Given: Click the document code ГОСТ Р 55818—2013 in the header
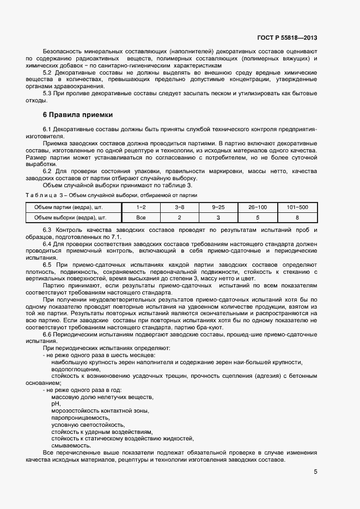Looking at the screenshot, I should coord(287,38).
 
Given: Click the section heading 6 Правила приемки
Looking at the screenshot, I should coord(78,115).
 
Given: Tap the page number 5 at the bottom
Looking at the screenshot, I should coord(315,472).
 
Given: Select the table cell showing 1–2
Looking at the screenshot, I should coord(141,207).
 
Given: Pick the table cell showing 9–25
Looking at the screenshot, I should coord(218,207).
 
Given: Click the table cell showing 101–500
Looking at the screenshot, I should coord(297,207).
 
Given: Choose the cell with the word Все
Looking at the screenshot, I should coord(141,217).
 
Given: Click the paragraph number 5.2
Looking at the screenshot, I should coord(47,72).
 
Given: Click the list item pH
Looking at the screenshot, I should coord(55,404).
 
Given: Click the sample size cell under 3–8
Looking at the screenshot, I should coord(179,217).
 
